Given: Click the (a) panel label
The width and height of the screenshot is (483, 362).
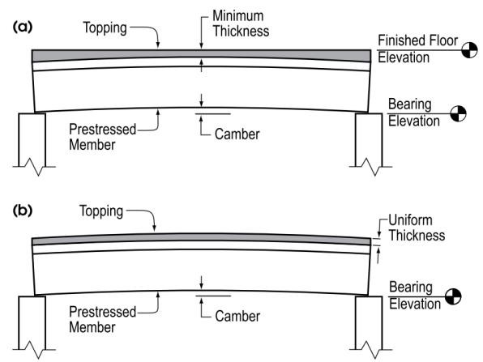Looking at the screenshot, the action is click(x=23, y=27).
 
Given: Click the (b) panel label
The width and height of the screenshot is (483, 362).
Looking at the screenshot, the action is click(x=23, y=211).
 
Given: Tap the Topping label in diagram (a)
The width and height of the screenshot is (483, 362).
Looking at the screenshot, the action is click(x=105, y=28).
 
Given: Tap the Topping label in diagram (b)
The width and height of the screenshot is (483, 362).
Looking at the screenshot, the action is click(x=101, y=211).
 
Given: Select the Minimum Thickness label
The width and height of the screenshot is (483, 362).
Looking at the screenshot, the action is click(x=241, y=23).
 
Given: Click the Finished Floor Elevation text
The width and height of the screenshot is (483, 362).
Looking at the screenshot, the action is click(x=417, y=49).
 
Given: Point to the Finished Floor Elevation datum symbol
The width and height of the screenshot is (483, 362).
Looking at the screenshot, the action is click(x=469, y=50).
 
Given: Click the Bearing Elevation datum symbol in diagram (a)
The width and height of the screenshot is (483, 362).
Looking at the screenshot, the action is click(x=458, y=113).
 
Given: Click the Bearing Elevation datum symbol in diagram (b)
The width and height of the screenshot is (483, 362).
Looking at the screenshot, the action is click(x=453, y=296).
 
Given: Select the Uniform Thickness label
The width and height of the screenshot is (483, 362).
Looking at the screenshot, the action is click(x=417, y=228).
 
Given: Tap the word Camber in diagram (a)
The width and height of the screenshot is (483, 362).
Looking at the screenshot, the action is click(x=237, y=134).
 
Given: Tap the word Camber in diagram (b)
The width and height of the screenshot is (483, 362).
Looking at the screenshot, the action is click(x=237, y=317).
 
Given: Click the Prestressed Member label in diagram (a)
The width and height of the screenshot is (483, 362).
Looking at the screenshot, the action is click(x=102, y=137).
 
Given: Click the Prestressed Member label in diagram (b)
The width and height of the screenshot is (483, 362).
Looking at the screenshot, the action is click(x=102, y=319).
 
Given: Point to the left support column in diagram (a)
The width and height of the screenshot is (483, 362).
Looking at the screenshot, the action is click(x=32, y=140).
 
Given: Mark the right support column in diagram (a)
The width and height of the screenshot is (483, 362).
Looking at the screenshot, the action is click(x=369, y=140).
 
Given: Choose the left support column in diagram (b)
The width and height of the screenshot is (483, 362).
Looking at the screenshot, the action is click(x=32, y=323).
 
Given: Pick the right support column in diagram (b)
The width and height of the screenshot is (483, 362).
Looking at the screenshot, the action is click(x=369, y=323).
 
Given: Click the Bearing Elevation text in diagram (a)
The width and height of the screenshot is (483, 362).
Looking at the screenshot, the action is click(x=413, y=113).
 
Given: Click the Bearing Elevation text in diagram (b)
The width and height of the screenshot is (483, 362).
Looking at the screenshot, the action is click(x=415, y=296).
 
